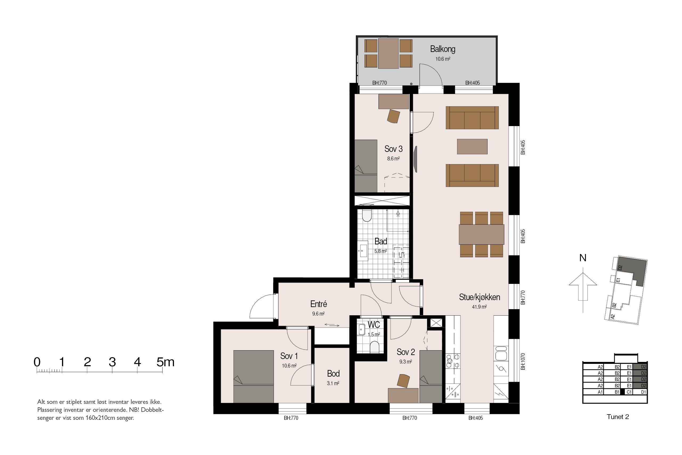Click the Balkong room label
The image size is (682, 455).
point(443,49)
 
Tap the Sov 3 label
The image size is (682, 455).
point(393,149)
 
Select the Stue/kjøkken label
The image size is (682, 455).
point(479,297)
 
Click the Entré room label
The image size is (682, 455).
point(318,304)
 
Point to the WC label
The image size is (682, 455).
point(374,324)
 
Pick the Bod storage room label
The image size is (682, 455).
point(333,373)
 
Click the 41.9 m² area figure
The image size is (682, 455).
point(479,307)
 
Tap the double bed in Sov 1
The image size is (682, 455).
point(253,376)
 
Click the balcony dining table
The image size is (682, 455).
point(389,54)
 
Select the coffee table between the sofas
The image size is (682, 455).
point(472,147)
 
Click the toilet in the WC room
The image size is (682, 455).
point(375,347)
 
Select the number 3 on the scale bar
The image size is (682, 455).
point(112,362)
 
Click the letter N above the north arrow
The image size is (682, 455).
point(583,258)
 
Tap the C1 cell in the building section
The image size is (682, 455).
point(629,392)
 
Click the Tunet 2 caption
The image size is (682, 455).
point(618,417)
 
